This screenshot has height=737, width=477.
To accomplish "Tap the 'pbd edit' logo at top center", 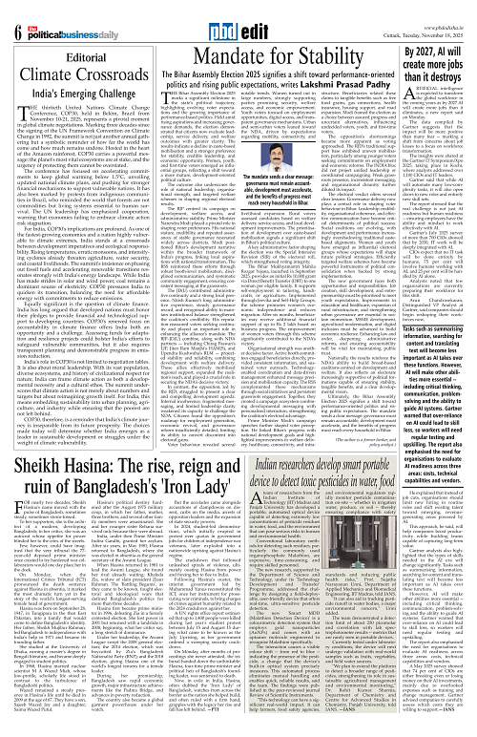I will point(237,14).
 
